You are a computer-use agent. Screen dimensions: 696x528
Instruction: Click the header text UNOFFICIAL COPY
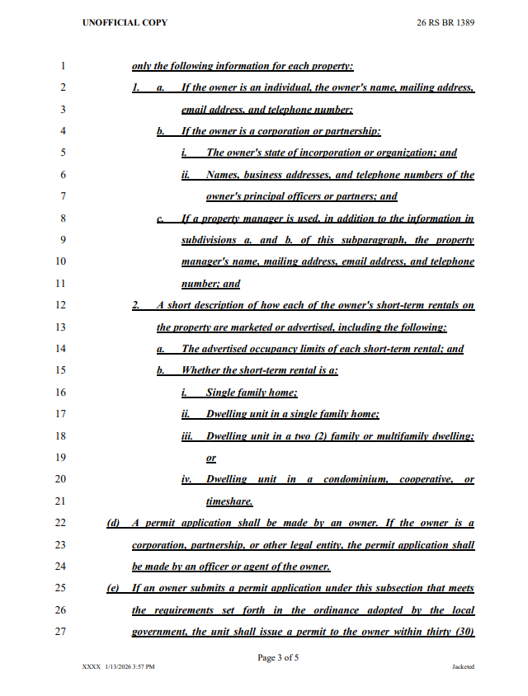tap(125, 22)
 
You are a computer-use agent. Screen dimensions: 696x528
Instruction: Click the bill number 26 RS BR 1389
tap(445, 22)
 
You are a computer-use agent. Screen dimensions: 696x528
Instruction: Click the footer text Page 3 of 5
tap(278, 657)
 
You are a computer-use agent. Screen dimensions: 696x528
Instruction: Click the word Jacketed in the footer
tap(463, 666)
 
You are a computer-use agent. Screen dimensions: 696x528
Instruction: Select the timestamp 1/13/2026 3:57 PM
tap(130, 666)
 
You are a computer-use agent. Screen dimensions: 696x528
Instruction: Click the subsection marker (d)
tap(114, 523)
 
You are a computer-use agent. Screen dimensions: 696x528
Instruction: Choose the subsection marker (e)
tap(114, 588)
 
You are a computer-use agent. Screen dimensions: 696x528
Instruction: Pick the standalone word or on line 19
tap(211, 458)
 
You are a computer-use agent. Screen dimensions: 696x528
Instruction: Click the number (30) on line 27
tap(463, 632)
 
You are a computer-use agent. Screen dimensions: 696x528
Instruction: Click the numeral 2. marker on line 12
tap(137, 305)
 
